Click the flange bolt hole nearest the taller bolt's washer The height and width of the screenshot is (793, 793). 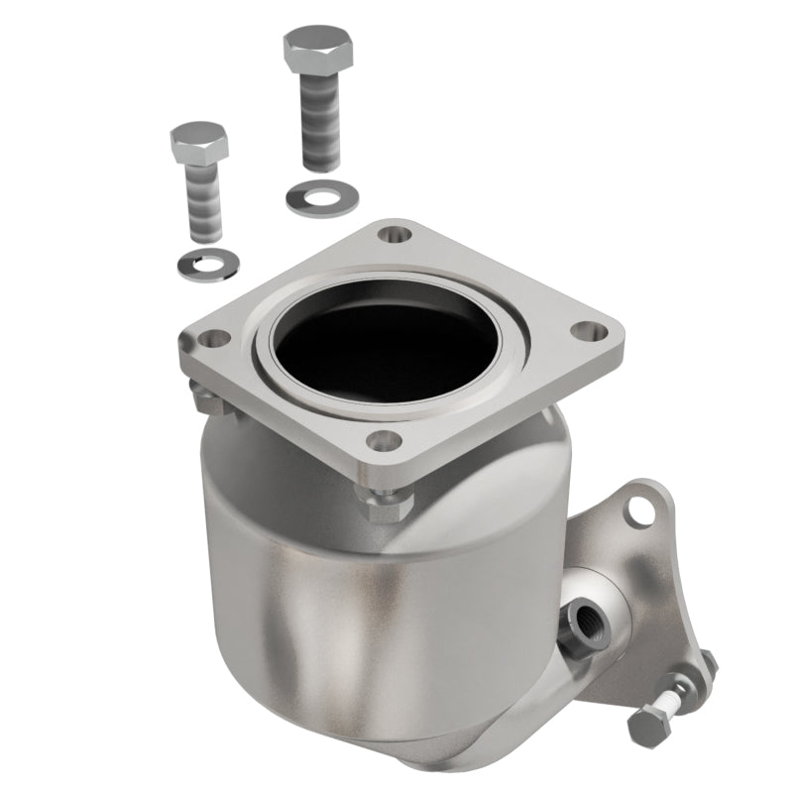396,236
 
